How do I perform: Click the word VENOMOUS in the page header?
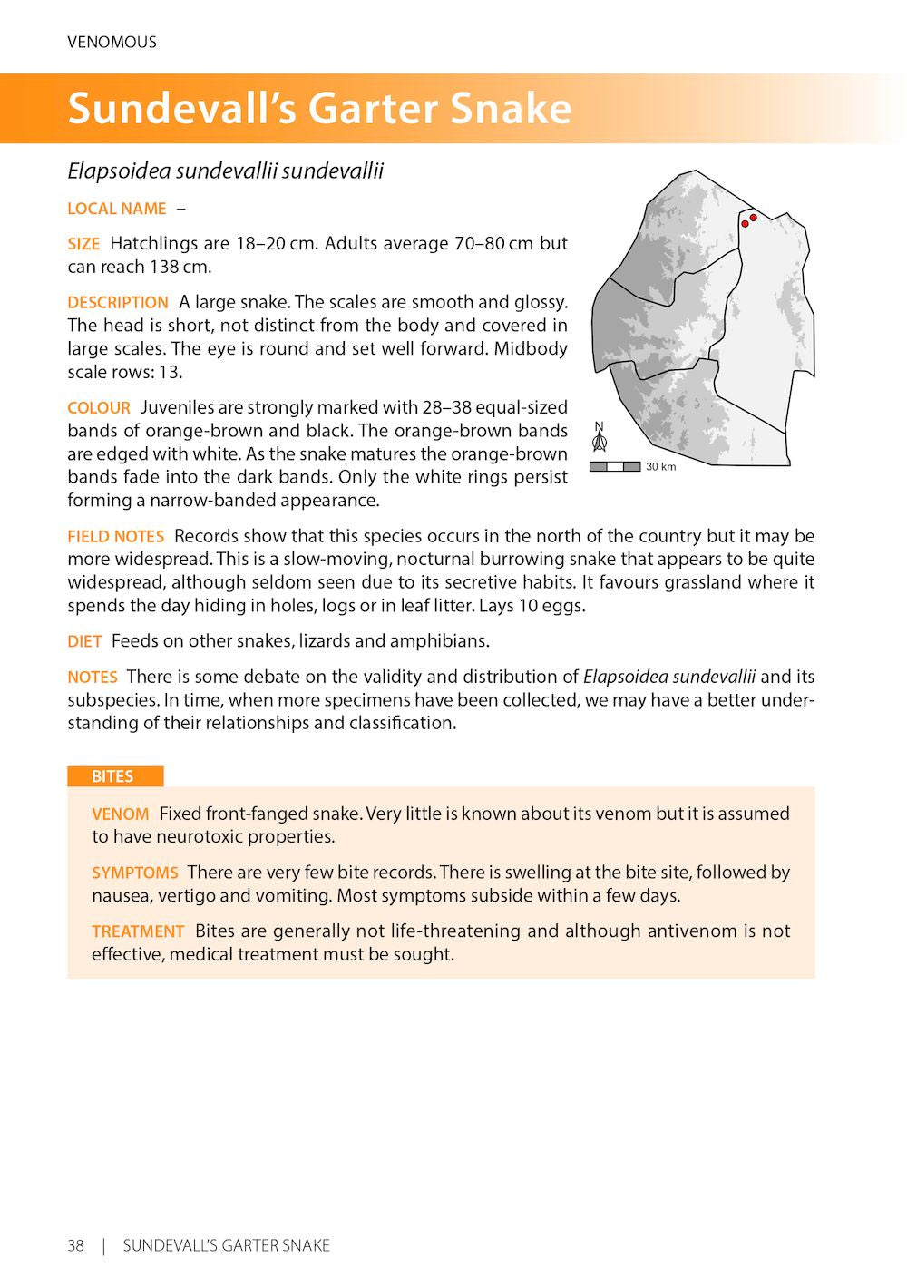pos(112,42)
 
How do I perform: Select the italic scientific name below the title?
pos(225,171)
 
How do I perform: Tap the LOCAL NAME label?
pos(116,209)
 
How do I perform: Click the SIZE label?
pos(83,244)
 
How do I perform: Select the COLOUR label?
pos(99,408)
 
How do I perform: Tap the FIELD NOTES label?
pos(115,537)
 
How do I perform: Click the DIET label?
pos(84,641)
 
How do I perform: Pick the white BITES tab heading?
pos(112,776)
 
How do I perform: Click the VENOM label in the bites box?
pos(120,814)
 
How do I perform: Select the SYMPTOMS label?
pos(135,873)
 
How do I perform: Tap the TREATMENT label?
pos(138,931)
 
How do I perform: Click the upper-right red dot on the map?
pos(754,218)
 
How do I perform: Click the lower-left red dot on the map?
pos(746,223)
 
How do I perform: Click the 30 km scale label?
pos(660,467)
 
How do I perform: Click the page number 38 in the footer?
pos(75,1246)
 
